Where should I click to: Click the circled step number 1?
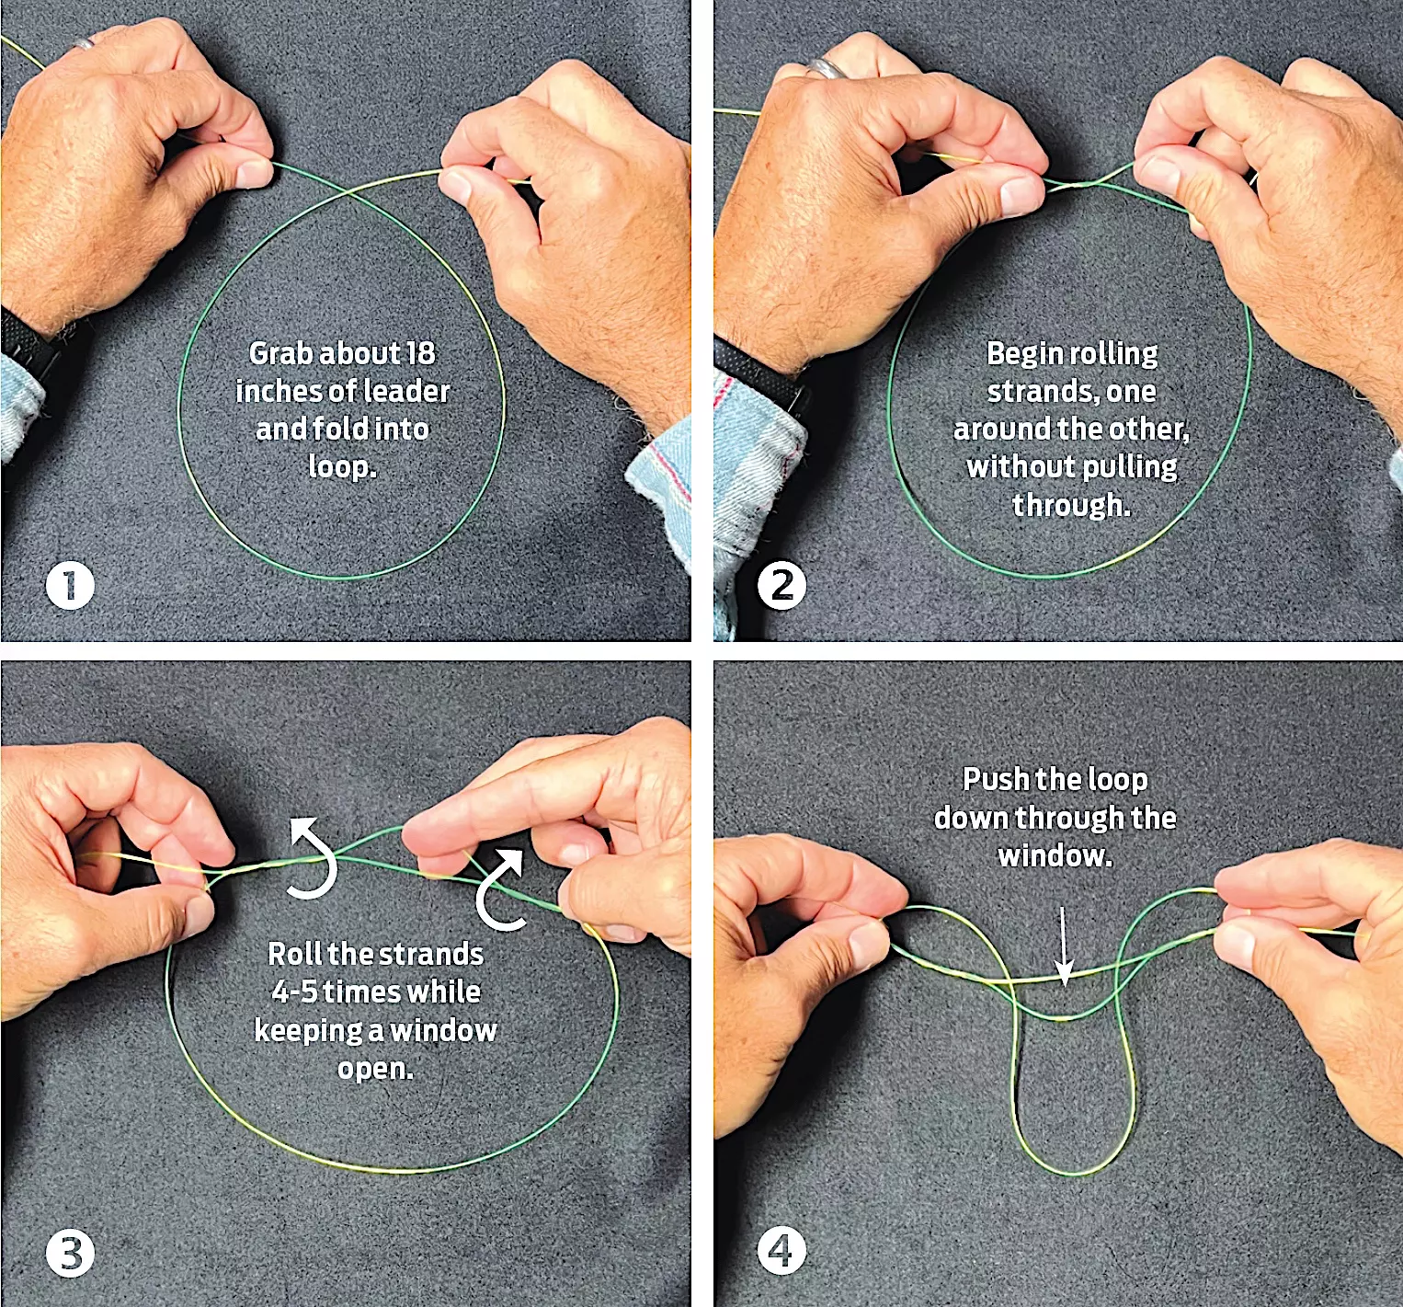(70, 585)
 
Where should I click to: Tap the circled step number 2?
(781, 585)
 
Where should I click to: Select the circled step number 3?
(70, 1253)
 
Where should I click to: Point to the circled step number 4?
(781, 1251)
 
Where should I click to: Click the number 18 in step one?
(419, 353)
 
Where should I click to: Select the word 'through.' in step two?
(1071, 505)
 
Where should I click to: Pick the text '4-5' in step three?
(293, 992)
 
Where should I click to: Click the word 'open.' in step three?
(375, 1069)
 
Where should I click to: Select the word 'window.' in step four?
(1055, 855)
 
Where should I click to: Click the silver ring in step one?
(85, 41)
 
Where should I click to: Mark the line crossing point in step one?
(348, 190)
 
